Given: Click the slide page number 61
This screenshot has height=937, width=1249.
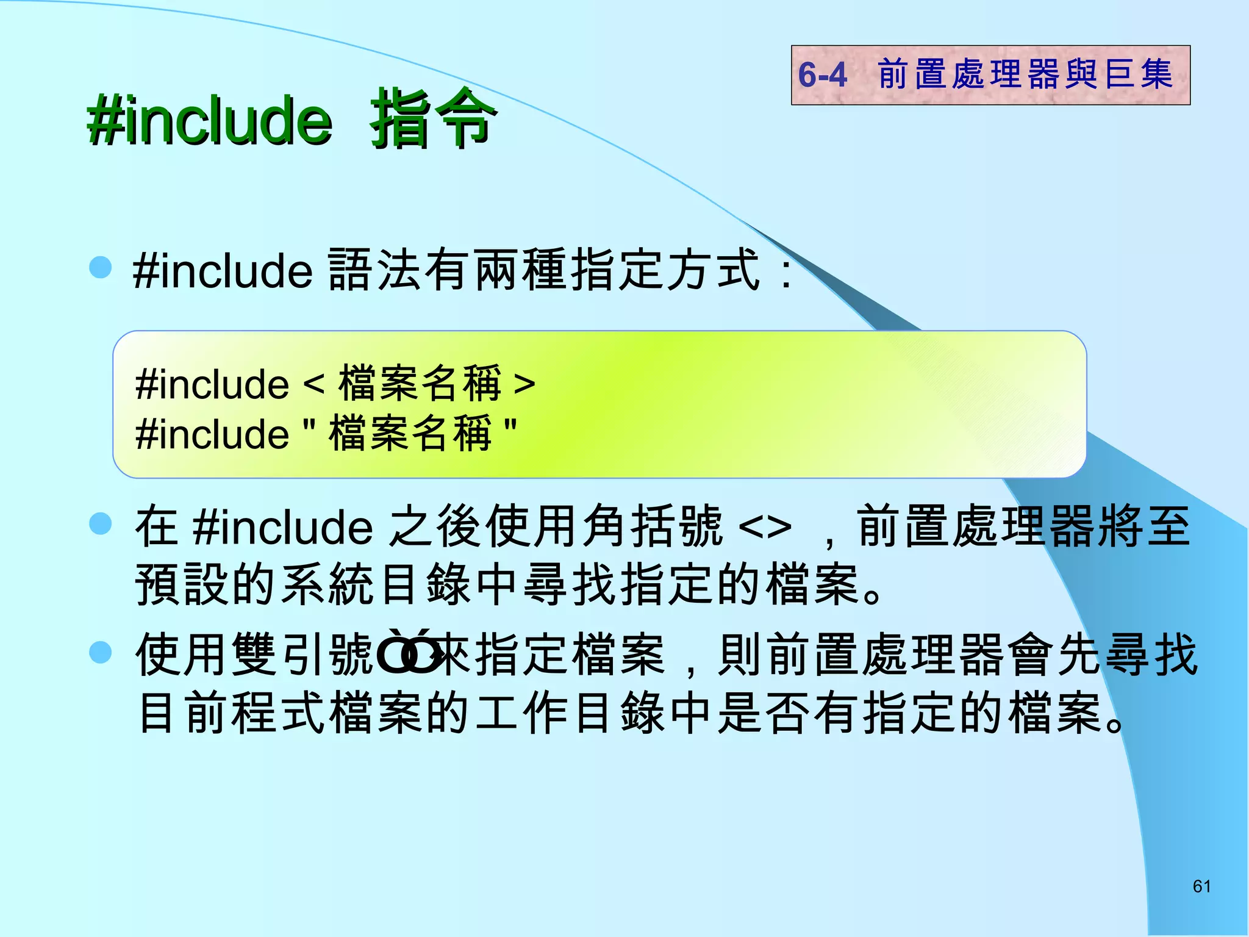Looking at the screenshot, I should pyautogui.click(x=1201, y=886).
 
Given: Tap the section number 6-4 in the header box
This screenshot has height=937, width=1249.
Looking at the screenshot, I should pyautogui.click(x=822, y=75).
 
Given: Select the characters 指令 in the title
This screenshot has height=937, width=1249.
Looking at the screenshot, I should pyautogui.click(x=432, y=119).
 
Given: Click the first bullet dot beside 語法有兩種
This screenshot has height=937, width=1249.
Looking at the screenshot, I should pyautogui.click(x=101, y=267).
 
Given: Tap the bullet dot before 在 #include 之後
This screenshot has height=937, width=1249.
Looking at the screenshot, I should pyautogui.click(x=101, y=523).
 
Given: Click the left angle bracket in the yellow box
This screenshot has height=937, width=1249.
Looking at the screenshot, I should pyautogui.click(x=313, y=384).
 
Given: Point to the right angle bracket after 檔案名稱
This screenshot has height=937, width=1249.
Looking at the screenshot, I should pyautogui.click(x=524, y=384).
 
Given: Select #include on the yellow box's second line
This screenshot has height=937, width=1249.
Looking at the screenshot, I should pyautogui.click(x=212, y=434).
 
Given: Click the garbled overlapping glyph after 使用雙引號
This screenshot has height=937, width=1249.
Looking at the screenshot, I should pyautogui.click(x=407, y=653).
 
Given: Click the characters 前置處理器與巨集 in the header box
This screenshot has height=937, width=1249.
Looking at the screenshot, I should pyautogui.click(x=1025, y=74).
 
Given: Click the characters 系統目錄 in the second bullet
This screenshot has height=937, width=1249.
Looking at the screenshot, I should pyautogui.click(x=374, y=584).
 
